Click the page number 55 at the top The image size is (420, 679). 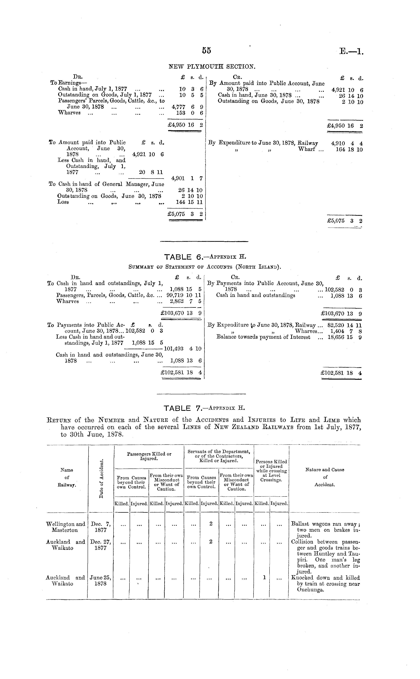[x=206, y=50]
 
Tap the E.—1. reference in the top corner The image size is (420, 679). [x=351, y=51]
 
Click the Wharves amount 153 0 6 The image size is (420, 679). [x=190, y=113]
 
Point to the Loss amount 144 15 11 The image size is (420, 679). [x=189, y=202]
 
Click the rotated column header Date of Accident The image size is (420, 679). [x=101, y=478]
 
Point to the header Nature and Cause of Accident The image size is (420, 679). [x=325, y=477]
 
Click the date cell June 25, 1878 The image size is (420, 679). [x=101, y=581]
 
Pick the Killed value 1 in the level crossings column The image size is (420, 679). [x=264, y=578]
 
